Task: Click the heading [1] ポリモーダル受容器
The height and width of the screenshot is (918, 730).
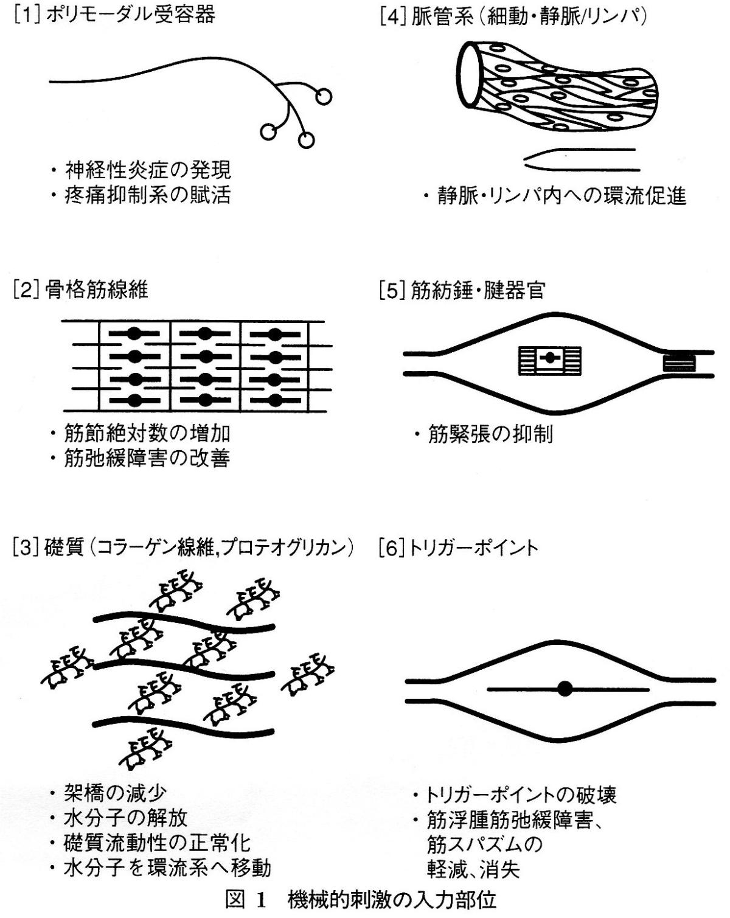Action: (x=114, y=16)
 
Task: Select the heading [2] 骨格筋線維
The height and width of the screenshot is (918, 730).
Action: (x=81, y=290)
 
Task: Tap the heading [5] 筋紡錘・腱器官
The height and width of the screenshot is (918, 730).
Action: (x=462, y=291)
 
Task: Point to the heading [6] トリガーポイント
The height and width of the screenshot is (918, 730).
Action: (x=459, y=548)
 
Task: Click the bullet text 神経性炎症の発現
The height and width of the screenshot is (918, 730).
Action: (x=148, y=170)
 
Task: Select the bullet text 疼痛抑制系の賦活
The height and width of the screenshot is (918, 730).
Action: (x=148, y=195)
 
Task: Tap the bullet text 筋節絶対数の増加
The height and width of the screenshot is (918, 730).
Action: (x=147, y=433)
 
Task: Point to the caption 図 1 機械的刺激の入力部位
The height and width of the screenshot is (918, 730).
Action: (x=361, y=899)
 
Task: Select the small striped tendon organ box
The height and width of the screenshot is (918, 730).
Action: (x=679, y=363)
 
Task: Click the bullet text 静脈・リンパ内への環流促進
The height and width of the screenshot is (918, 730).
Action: (x=562, y=196)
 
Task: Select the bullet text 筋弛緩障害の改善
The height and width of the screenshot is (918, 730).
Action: (x=147, y=457)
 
